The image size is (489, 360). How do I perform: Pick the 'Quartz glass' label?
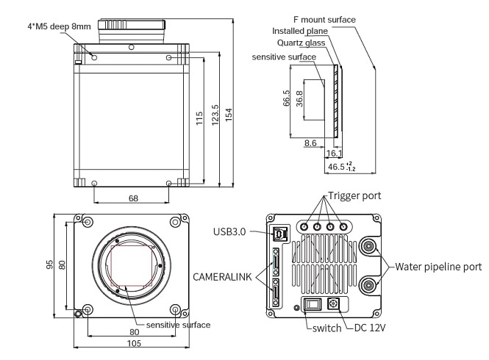click(x=301, y=43)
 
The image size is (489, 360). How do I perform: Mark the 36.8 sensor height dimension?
click(x=299, y=99)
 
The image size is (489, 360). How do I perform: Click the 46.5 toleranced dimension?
click(x=340, y=168)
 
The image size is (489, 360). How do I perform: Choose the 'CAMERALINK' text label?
click(x=222, y=277)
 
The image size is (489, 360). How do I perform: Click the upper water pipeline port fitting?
click(x=368, y=247)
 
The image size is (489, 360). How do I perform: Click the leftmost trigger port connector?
click(x=304, y=227)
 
